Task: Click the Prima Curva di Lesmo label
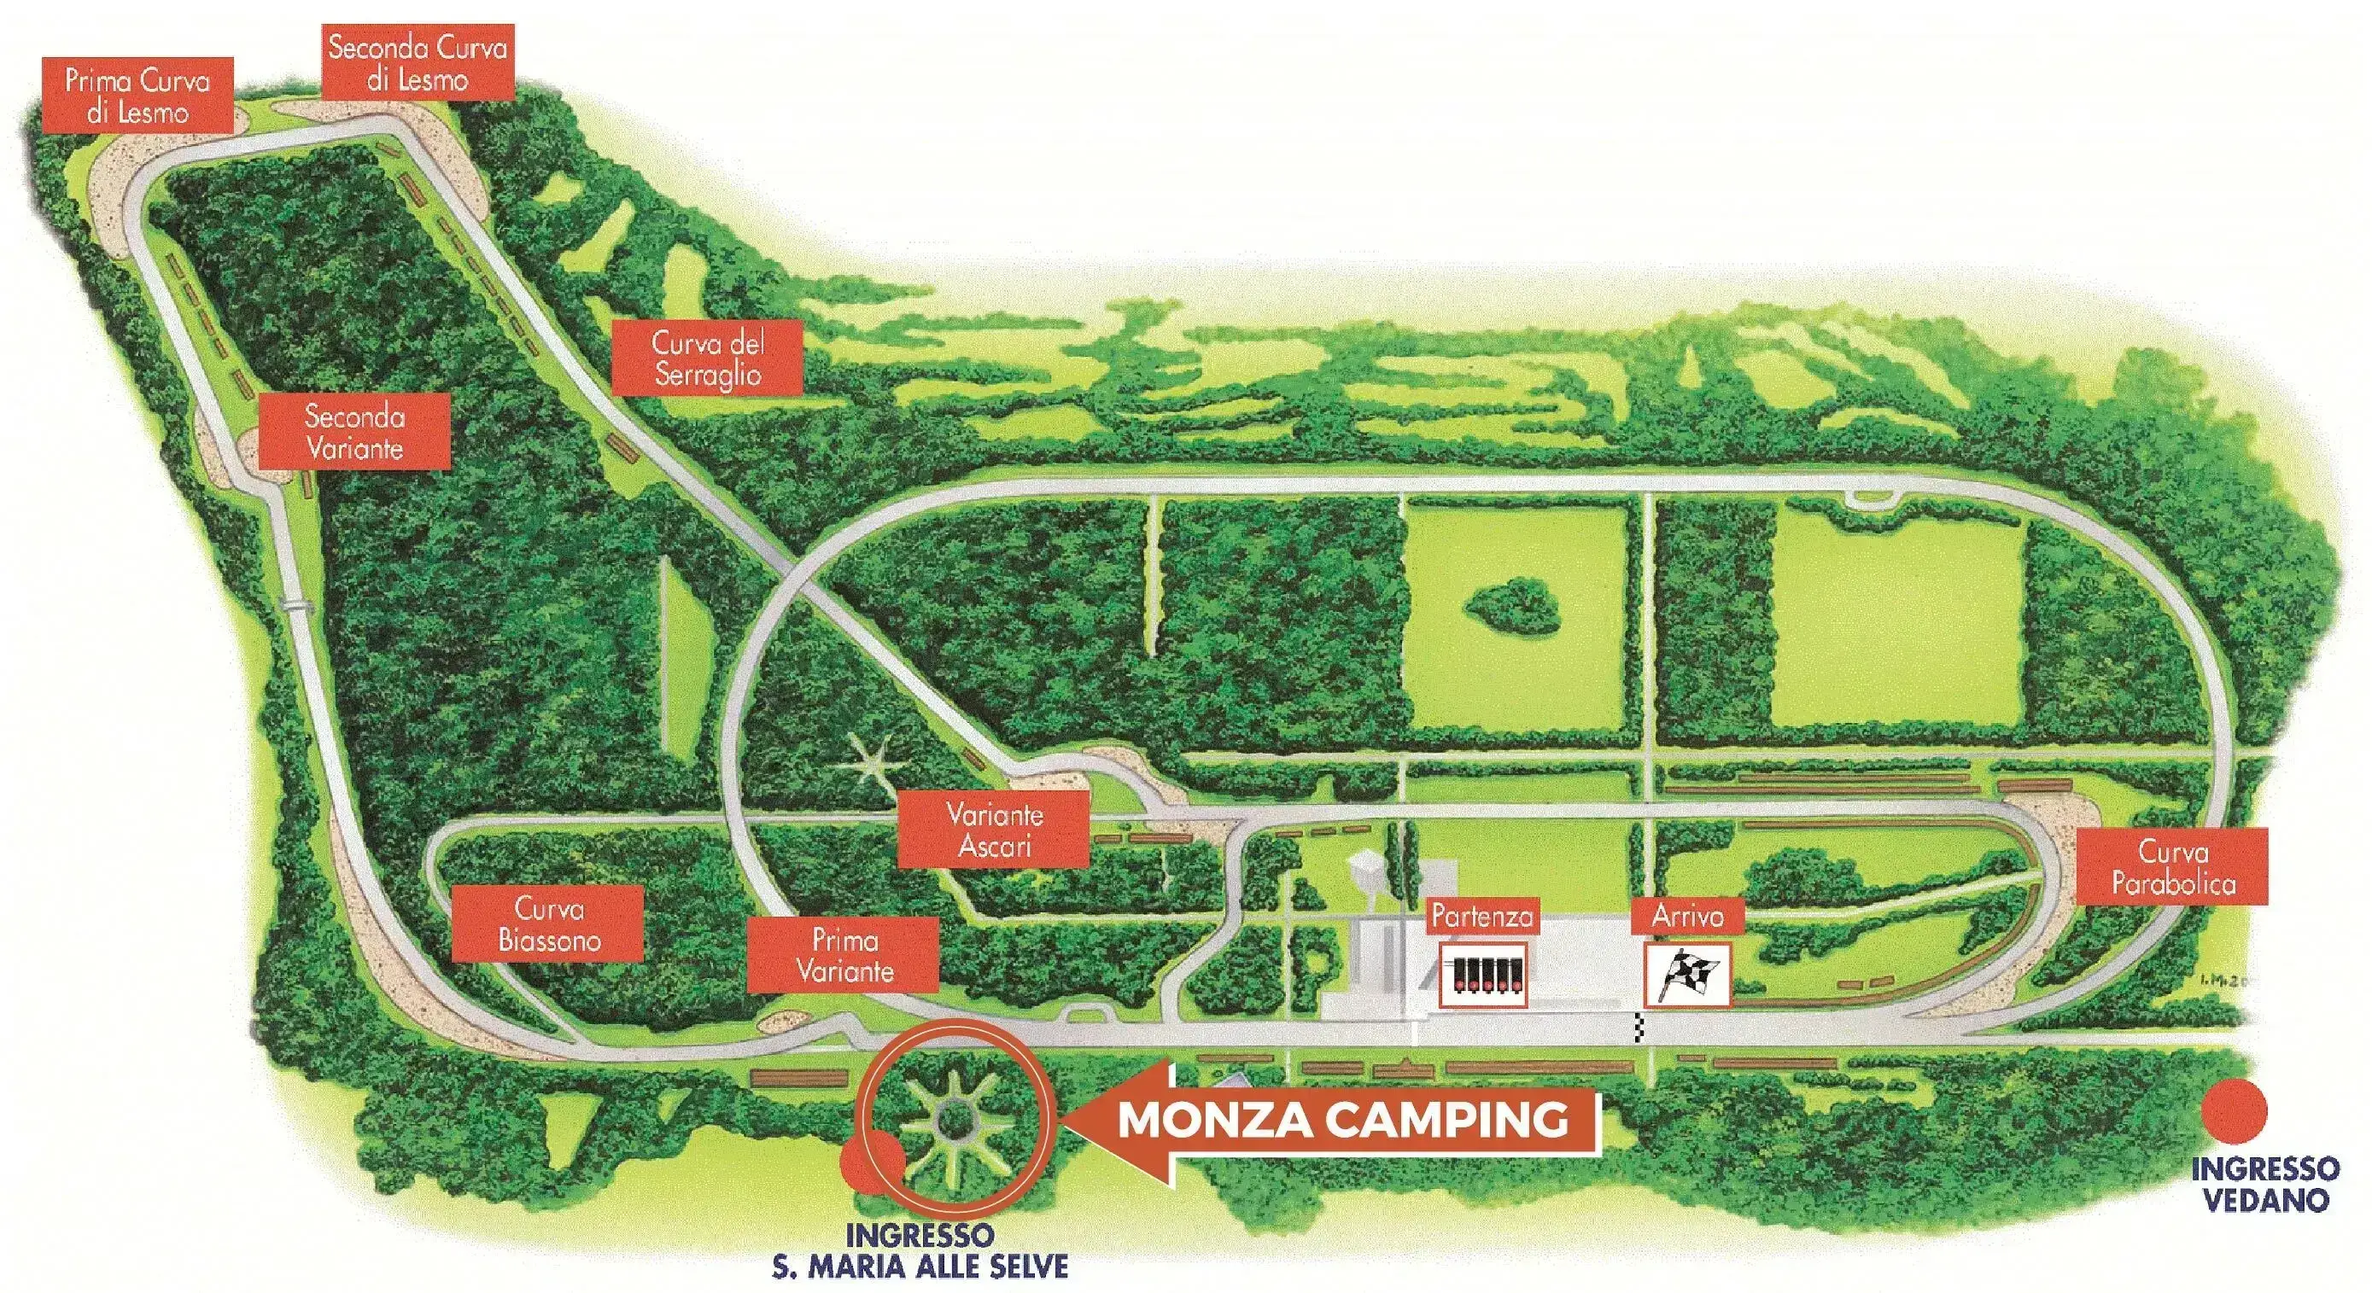pos(137,96)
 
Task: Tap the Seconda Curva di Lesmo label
pos(418,62)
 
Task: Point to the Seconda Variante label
pos(354,432)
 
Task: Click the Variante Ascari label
pos(994,830)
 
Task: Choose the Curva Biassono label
pos(548,924)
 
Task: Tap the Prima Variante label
pos(844,955)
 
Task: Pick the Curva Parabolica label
pos(2173,867)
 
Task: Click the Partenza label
pos(1481,916)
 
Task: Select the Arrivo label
pos(1687,916)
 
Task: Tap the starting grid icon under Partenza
pos(1482,976)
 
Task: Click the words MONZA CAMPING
pos(1341,1119)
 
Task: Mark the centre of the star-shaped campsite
pos(949,1120)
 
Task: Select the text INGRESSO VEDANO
pos(2264,1184)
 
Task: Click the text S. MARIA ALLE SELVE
pos(920,1267)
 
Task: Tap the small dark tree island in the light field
pos(1512,604)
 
